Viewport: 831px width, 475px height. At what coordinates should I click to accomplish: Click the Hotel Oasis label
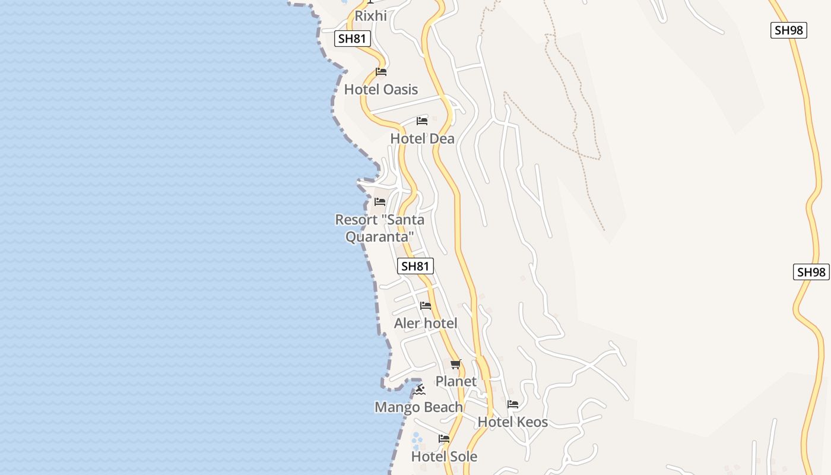(381, 90)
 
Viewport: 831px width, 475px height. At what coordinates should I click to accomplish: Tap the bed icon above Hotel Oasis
(381, 72)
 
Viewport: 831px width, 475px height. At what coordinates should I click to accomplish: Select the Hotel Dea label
(422, 138)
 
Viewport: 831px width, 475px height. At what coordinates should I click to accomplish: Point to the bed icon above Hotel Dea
(422, 121)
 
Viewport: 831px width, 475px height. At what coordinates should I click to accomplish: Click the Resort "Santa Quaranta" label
(380, 228)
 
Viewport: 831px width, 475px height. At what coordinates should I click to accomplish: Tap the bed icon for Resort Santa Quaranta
(380, 202)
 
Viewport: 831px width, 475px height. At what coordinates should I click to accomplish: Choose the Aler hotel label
(426, 323)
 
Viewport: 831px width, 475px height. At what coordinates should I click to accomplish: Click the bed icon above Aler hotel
(426, 306)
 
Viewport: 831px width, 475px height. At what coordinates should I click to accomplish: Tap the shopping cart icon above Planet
(455, 364)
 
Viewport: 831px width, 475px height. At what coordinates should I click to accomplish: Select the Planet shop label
(456, 381)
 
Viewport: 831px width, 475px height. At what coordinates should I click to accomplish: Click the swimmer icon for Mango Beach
(419, 389)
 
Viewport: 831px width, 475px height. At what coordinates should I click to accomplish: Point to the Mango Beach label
(418, 407)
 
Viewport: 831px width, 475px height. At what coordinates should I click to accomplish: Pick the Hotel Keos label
(513, 422)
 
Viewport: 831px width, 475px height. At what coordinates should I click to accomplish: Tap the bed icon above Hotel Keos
(513, 404)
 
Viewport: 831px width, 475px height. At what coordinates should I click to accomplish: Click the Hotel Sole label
(444, 457)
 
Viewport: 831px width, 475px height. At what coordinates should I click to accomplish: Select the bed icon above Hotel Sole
(444, 439)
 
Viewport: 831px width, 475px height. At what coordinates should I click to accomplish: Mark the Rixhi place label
(370, 15)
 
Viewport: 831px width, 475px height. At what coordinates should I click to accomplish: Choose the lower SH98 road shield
(811, 272)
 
